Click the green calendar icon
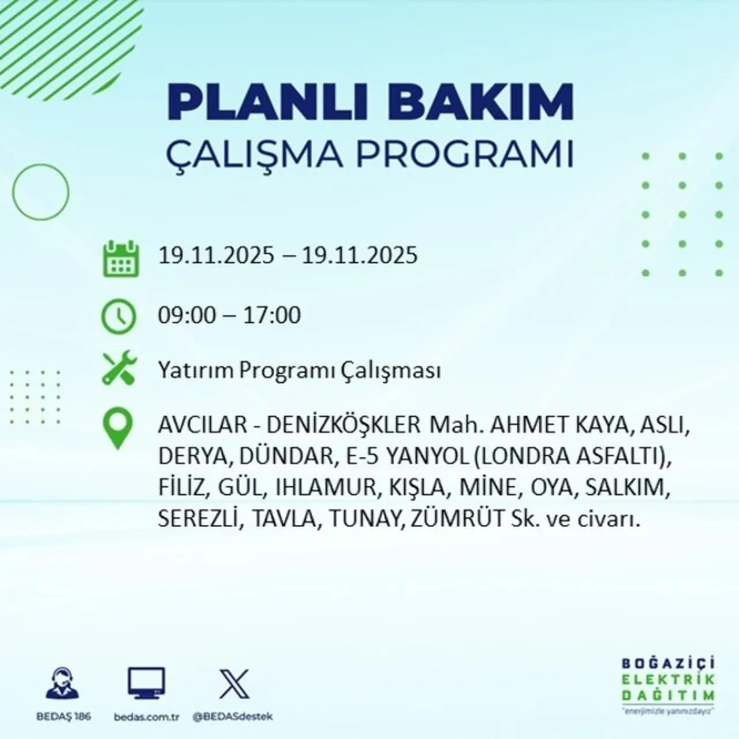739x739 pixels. tap(121, 258)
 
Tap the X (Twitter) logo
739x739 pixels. tap(234, 684)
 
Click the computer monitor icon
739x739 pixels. tap(146, 684)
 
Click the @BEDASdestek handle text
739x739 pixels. tap(232, 716)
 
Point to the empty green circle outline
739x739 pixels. tap(40, 192)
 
